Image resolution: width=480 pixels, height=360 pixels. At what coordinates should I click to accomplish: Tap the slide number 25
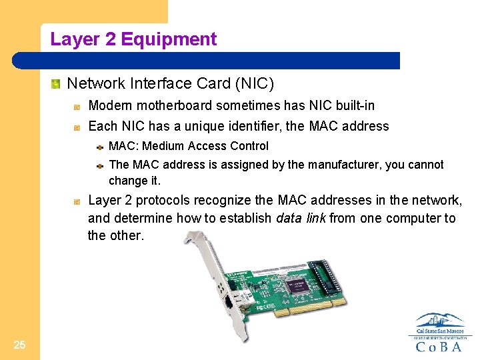pyautogui.click(x=19, y=345)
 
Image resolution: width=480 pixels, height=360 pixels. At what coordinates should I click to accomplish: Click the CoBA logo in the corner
pyautogui.click(x=440, y=333)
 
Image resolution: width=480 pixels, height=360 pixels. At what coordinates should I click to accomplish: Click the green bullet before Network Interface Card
pyautogui.click(x=56, y=84)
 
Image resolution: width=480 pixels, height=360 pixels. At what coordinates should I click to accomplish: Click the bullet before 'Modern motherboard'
pyautogui.click(x=77, y=106)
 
